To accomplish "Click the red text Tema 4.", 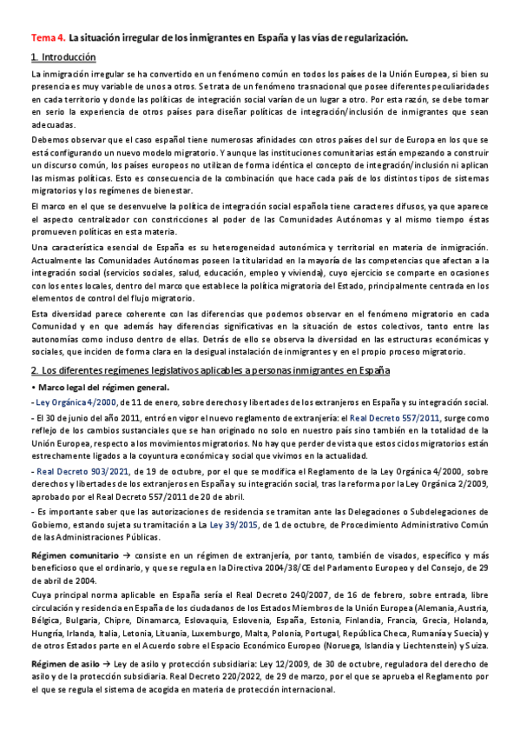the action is pyautogui.click(x=47, y=38).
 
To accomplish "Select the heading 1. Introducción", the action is pyautogui.click(x=63, y=56).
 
